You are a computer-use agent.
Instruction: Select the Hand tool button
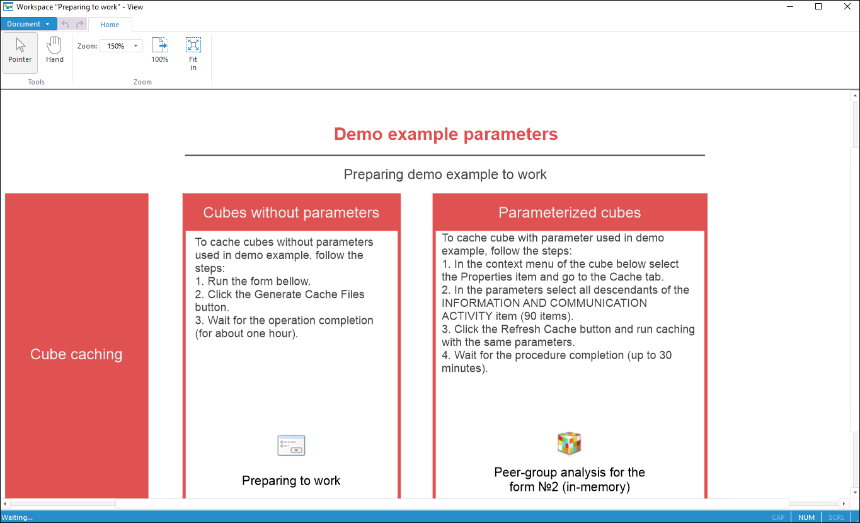tap(55, 50)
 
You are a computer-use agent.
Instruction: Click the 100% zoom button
tap(160, 50)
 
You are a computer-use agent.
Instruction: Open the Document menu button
tap(28, 24)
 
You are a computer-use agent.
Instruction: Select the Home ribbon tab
tap(110, 25)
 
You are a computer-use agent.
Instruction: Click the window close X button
tap(847, 7)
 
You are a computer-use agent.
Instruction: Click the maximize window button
tap(818, 7)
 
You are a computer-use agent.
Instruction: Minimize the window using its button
tap(790, 7)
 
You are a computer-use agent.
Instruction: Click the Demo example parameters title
tap(445, 134)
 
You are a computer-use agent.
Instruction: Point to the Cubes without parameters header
tap(291, 213)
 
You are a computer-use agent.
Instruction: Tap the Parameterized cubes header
tap(570, 213)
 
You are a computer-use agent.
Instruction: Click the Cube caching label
tap(76, 354)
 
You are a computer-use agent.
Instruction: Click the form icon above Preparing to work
tap(291, 445)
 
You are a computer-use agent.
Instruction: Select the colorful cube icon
tap(569, 443)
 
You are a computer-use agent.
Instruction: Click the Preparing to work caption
tap(291, 481)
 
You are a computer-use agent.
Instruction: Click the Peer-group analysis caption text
tap(570, 480)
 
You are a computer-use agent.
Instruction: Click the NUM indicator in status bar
tap(806, 517)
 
